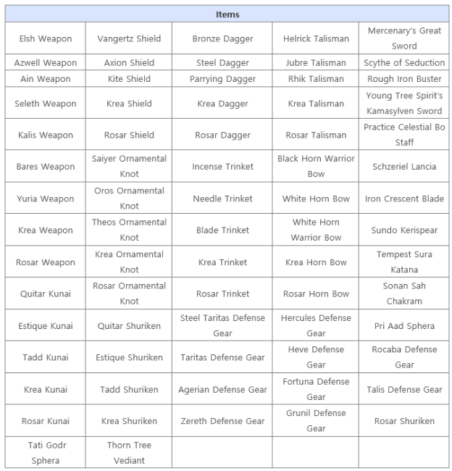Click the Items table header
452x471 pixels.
pyautogui.click(x=227, y=14)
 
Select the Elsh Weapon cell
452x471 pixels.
pyautogui.click(x=46, y=38)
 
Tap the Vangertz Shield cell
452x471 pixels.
pyautogui.click(x=129, y=38)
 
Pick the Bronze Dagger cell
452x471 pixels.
pyautogui.click(x=222, y=38)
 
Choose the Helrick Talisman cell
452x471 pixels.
pyautogui.click(x=316, y=38)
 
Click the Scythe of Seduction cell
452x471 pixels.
pyautogui.click(x=404, y=63)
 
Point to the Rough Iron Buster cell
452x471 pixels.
pyautogui.click(x=404, y=79)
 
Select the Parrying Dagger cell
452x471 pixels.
pyautogui.click(x=222, y=79)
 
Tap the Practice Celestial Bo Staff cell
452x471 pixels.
pyautogui.click(x=404, y=135)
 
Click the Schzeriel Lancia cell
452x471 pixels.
pyautogui.click(x=404, y=167)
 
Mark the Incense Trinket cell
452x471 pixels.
pyautogui.click(x=222, y=167)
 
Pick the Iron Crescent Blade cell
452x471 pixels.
pyautogui.click(x=404, y=199)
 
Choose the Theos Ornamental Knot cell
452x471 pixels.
pyautogui.click(x=129, y=230)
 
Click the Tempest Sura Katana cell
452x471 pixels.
pyautogui.click(x=404, y=262)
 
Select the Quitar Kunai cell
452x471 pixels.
pyautogui.click(x=46, y=293)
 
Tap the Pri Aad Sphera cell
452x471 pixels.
pyautogui.click(x=404, y=326)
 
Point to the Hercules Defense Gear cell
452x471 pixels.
pyautogui.click(x=316, y=325)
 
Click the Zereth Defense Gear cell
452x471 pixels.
pyautogui.click(x=222, y=421)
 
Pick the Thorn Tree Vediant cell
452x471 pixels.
pyautogui.click(x=129, y=452)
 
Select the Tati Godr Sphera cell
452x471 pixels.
pyautogui.click(x=46, y=452)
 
